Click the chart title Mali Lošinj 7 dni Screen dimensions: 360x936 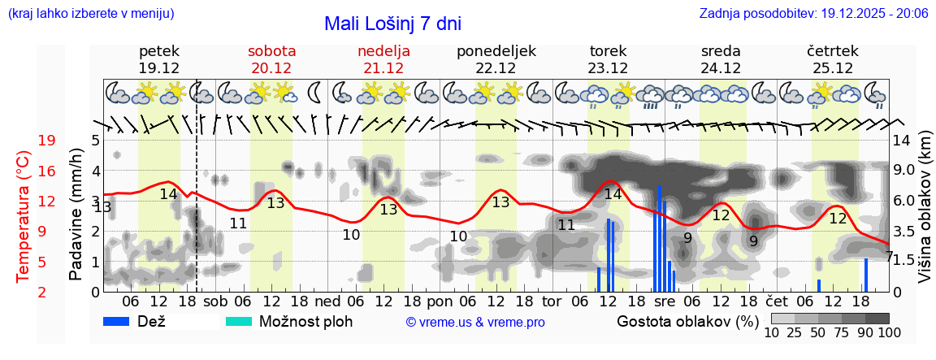tap(392, 24)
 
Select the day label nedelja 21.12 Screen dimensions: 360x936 tap(383, 59)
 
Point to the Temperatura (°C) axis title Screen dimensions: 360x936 tap(23, 216)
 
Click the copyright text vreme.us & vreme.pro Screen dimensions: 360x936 tap(475, 323)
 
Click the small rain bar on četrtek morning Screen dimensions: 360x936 tap(819, 285)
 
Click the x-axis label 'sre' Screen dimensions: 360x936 tap(664, 302)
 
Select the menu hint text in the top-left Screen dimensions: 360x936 tap(90, 14)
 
